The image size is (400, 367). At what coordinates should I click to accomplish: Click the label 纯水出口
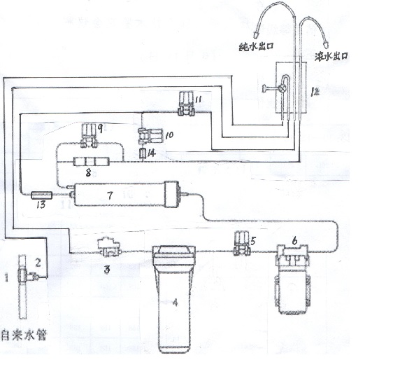click(256, 47)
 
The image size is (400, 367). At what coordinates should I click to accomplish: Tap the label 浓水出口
click(331, 56)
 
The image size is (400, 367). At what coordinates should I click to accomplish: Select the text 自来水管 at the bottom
click(24, 335)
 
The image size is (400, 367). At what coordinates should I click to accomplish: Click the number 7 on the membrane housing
click(110, 195)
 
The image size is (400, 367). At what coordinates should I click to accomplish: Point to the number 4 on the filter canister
click(176, 303)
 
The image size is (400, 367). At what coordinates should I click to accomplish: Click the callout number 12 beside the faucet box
click(315, 92)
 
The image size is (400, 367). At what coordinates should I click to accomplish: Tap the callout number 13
click(41, 205)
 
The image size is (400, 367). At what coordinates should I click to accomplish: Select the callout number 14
click(152, 153)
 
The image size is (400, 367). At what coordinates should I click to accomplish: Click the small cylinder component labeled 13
click(41, 195)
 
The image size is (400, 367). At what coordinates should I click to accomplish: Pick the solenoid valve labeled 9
click(90, 136)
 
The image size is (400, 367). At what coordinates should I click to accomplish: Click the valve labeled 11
click(187, 104)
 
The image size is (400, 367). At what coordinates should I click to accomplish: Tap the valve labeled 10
click(150, 137)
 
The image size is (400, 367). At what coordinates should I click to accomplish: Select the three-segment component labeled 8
click(91, 162)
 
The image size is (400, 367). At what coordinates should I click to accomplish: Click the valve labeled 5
click(241, 243)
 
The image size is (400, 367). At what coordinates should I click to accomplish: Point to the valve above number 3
click(109, 247)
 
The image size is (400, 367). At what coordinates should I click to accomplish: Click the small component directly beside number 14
click(143, 154)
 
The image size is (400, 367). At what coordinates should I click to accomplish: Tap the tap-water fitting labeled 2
click(33, 276)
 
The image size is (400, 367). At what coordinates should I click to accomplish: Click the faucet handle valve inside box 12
click(283, 88)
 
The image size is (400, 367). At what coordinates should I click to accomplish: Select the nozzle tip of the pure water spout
click(257, 34)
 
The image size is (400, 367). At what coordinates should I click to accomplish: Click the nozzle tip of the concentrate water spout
click(327, 45)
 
